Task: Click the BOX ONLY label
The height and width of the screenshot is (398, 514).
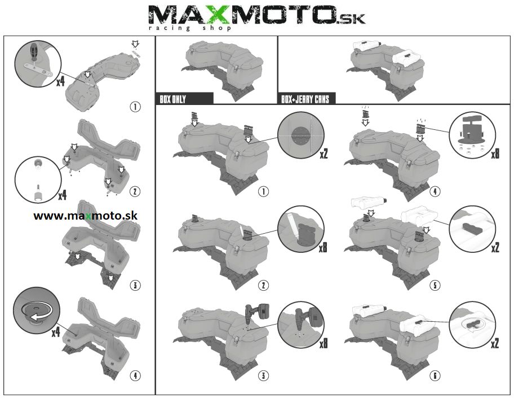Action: point(172,99)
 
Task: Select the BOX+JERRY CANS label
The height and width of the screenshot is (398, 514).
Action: point(305,99)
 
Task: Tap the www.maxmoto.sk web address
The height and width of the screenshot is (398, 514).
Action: point(86,216)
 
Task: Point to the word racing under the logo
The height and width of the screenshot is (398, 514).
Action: point(169,28)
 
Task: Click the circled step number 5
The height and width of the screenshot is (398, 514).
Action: point(435,285)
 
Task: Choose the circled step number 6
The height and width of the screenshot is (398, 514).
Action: point(435,375)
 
